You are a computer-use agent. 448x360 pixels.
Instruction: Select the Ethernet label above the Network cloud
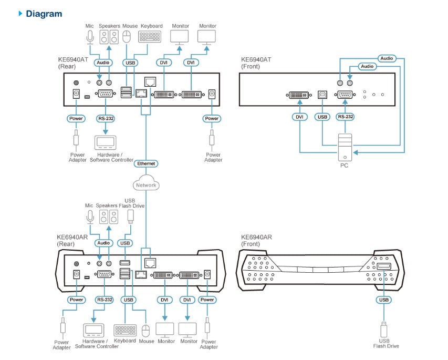pyautogui.click(x=146, y=164)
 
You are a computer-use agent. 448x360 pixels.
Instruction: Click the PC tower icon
pyautogui.click(x=345, y=147)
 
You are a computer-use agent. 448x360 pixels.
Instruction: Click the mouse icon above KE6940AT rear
pyautogui.click(x=127, y=37)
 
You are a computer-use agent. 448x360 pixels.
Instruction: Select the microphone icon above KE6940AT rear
pyautogui.click(x=90, y=37)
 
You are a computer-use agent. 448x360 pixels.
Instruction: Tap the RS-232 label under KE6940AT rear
pyautogui.click(x=106, y=119)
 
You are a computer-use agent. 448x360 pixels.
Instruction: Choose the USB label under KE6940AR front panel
pyautogui.click(x=383, y=300)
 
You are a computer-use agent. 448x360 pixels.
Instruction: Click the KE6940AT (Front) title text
pyautogui.click(x=256, y=63)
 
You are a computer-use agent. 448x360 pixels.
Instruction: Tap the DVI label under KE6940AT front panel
pyautogui.click(x=300, y=117)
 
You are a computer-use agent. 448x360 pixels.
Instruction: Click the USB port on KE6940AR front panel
pyautogui.click(x=383, y=268)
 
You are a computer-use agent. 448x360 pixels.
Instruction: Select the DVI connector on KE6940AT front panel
pyautogui.click(x=300, y=95)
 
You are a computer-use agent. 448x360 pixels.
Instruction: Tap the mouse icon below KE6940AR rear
pyautogui.click(x=146, y=330)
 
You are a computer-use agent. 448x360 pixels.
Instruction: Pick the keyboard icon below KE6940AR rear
pyautogui.click(x=125, y=330)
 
